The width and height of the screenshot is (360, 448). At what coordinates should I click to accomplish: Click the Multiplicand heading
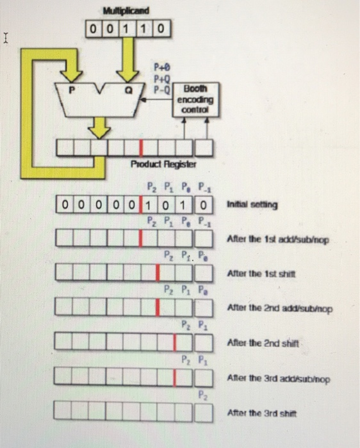coord(126,11)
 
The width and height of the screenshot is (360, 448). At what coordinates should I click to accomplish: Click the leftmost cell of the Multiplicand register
coord(94,29)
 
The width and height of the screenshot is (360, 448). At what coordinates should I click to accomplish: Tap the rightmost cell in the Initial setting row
coord(204,205)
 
